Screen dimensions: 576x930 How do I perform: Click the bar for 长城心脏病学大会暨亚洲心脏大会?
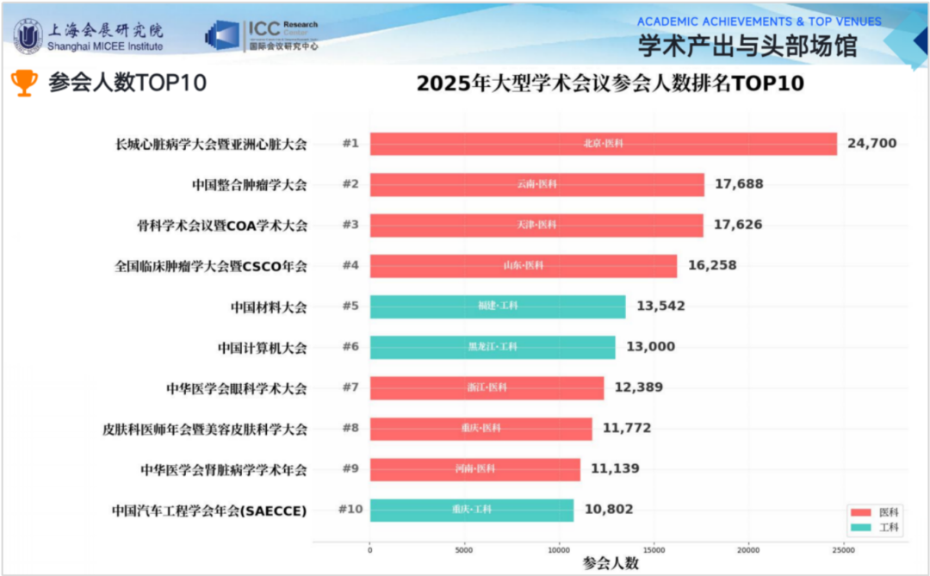[603, 144]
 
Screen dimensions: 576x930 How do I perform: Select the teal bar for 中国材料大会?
[498, 307]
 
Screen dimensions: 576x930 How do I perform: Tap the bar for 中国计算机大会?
[493, 347]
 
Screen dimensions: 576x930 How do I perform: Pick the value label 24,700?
[871, 144]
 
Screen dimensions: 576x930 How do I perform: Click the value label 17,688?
[738, 184]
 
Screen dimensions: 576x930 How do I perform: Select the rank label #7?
[350, 387]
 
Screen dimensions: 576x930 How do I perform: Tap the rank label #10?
[350, 510]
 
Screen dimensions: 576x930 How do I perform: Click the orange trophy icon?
[24, 83]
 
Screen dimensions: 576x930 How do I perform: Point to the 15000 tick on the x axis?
[654, 549]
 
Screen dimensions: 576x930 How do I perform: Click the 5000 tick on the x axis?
[465, 549]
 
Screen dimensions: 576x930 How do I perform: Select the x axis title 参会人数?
[611, 563]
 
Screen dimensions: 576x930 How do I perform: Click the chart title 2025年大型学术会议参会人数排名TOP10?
[610, 84]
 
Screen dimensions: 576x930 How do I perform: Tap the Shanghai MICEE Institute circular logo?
[28, 35]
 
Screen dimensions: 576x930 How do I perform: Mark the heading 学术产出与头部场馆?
[747, 46]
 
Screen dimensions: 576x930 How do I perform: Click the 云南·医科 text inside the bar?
[536, 185]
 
